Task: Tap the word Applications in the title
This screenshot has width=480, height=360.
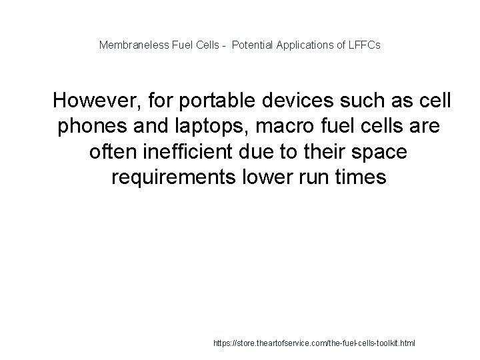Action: coord(305,46)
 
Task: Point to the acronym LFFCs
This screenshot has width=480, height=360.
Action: coord(363,46)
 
